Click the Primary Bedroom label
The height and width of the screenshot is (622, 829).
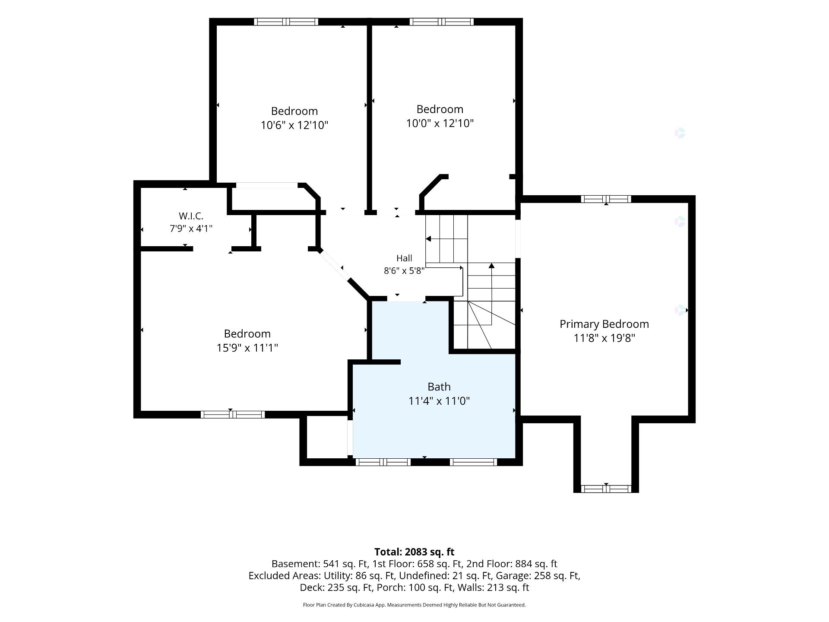tap(604, 324)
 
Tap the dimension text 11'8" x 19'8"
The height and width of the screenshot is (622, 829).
tap(604, 338)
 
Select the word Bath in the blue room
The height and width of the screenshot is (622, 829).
tap(439, 387)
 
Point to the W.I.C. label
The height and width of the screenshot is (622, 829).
tap(191, 216)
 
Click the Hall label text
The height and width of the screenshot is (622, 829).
tap(404, 258)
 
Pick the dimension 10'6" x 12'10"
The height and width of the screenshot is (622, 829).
tap(294, 125)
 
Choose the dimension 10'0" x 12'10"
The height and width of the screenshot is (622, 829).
tap(440, 124)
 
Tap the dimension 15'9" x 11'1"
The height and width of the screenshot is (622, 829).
tap(247, 348)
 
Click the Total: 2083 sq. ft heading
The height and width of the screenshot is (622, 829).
tap(414, 552)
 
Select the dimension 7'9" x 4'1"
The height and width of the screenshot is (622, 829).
tap(191, 228)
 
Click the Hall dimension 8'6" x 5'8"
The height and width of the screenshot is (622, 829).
tap(404, 271)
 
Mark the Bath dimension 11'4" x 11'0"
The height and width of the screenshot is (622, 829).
tap(439, 401)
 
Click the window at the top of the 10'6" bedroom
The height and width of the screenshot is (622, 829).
tap(286, 22)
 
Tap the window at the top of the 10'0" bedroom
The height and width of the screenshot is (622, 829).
tap(441, 22)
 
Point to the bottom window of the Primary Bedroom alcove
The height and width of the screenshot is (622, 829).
tap(606, 489)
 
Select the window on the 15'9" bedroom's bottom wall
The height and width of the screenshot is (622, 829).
tap(233, 415)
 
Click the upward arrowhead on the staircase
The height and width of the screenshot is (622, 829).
tap(491, 266)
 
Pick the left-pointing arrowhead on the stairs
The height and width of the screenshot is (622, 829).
tap(428, 239)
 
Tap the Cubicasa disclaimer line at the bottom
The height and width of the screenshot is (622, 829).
tap(414, 605)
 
